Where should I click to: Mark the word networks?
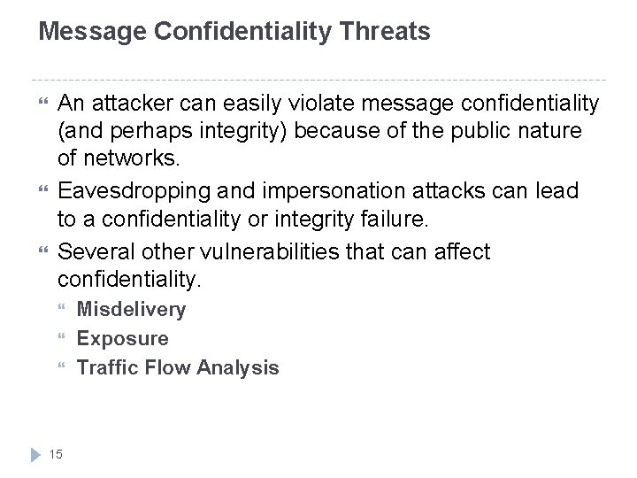[129, 160]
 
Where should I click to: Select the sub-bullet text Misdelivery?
[131, 309]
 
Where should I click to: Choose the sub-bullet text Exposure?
[122, 338]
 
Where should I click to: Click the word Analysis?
[239, 366]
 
